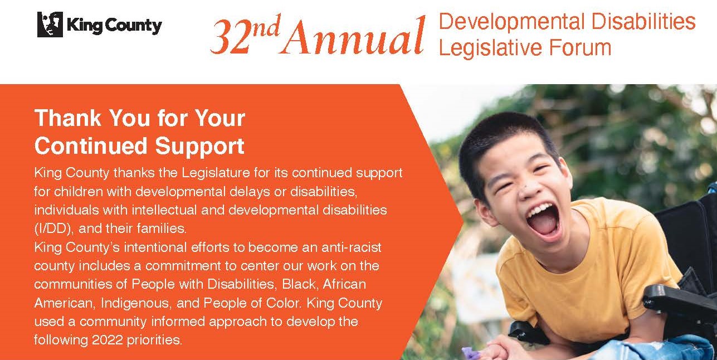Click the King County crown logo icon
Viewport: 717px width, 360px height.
(50, 25)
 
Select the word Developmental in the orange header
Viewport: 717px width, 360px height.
(512, 22)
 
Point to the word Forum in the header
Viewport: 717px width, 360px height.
(580, 48)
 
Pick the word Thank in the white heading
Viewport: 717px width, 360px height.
(68, 118)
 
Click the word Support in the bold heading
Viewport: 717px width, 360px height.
(200, 147)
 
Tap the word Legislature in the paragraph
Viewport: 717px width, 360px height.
(216, 173)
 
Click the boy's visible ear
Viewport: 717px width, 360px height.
(482, 212)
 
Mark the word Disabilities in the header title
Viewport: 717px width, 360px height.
(643, 22)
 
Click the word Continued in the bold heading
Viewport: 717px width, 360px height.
(91, 146)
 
